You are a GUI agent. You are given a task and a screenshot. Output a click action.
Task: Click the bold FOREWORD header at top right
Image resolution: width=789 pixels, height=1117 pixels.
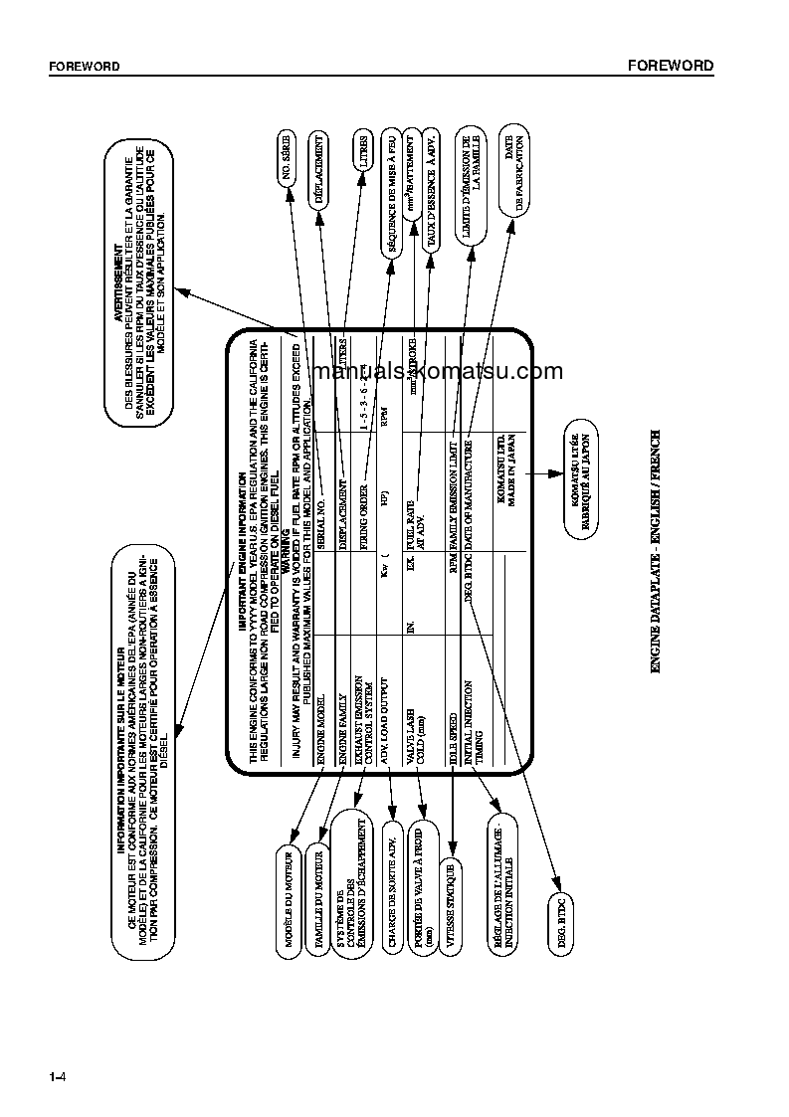670,66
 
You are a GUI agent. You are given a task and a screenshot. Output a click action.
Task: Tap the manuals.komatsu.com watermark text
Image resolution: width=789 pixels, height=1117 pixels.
437,372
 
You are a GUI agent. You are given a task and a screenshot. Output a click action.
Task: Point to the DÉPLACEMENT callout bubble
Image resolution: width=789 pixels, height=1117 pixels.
320,168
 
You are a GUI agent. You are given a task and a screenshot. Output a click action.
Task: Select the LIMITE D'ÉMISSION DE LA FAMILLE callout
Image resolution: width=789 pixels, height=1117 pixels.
471,186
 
